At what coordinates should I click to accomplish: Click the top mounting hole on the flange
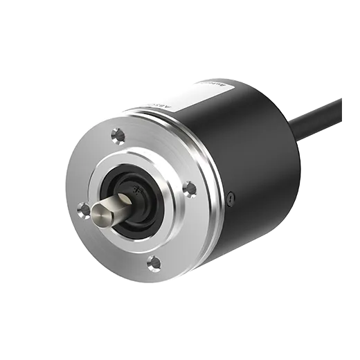[x=118, y=134]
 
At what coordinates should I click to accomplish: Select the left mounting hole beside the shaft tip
[x=84, y=208]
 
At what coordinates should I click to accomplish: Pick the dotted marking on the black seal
[x=136, y=187]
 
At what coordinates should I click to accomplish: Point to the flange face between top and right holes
[x=163, y=149]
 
